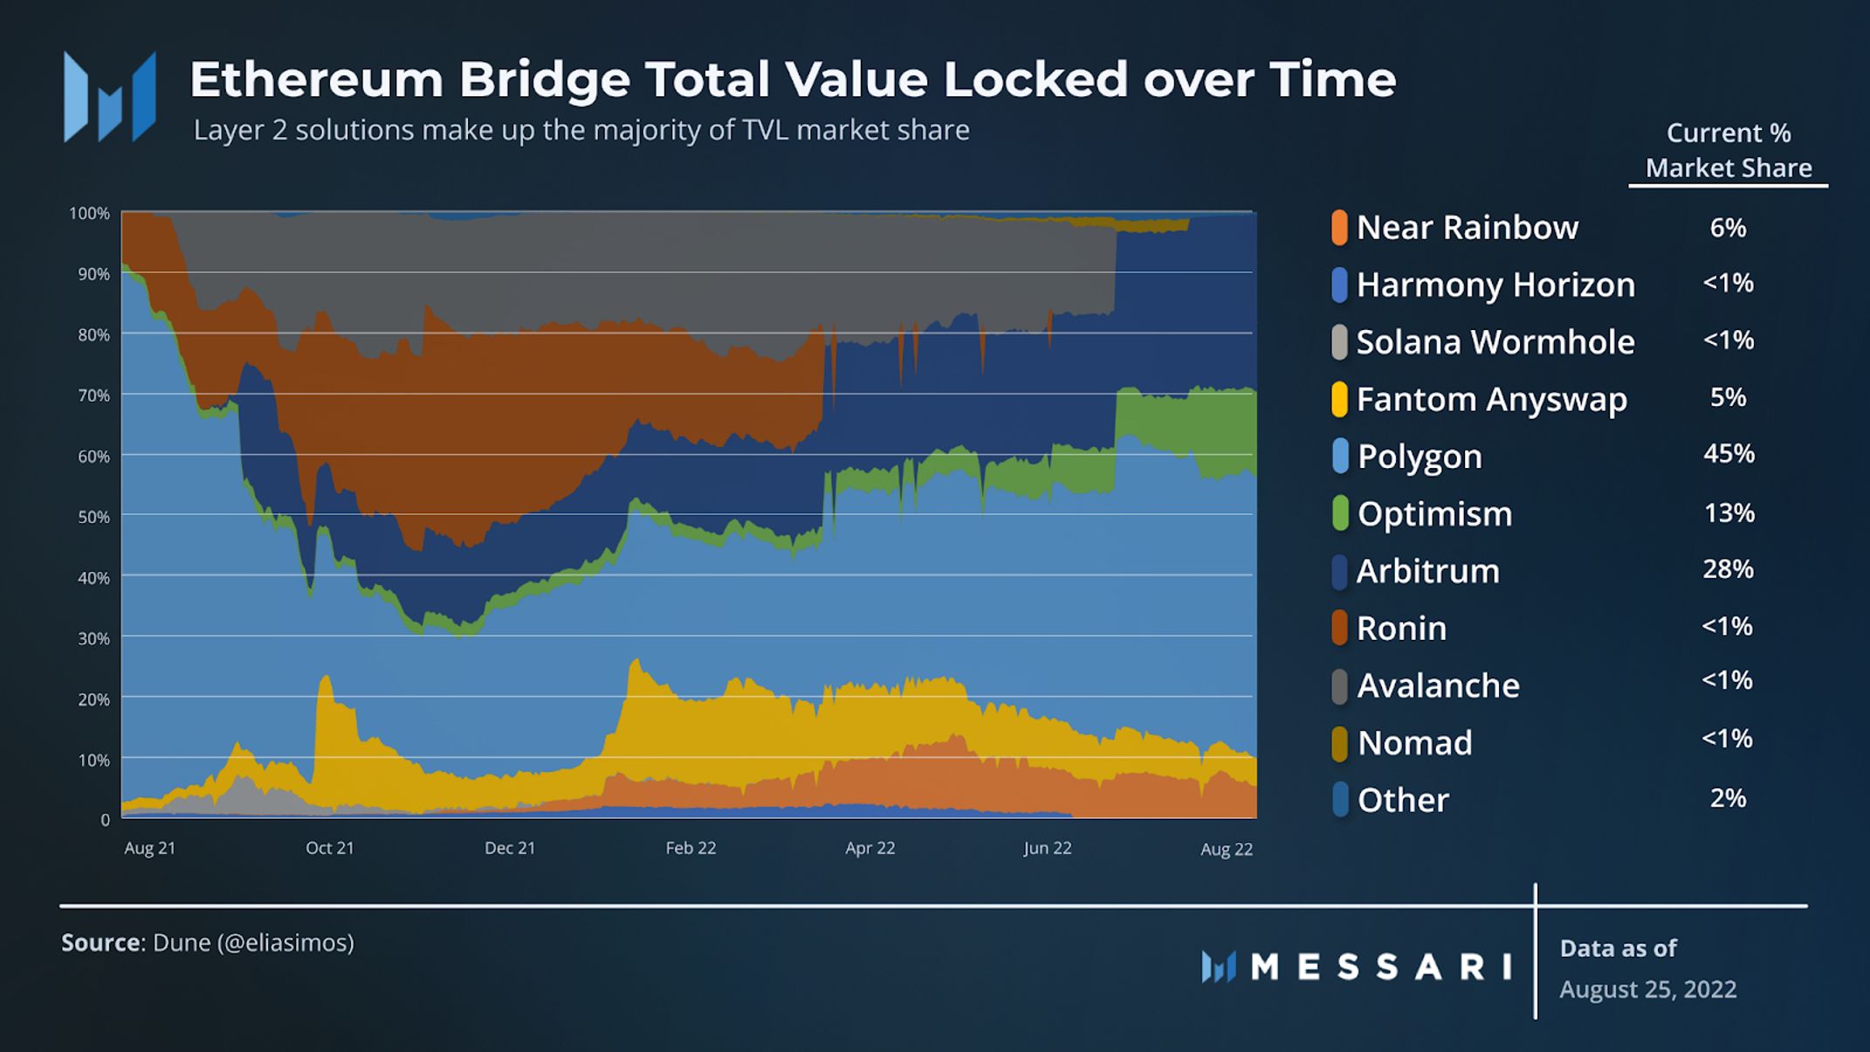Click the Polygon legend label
(x=1420, y=457)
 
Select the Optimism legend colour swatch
(x=1340, y=513)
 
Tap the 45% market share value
(x=1728, y=454)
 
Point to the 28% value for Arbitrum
(x=1728, y=569)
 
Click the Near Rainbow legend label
(x=1467, y=228)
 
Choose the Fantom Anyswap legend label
(x=1491, y=400)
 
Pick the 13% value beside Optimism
(x=1729, y=512)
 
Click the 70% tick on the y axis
(x=93, y=395)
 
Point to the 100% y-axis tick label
(x=90, y=213)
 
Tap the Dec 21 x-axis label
(x=510, y=848)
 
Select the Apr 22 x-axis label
(x=870, y=848)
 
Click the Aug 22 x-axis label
(x=1226, y=849)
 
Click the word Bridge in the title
(x=544, y=79)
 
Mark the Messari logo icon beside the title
(x=110, y=97)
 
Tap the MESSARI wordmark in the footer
(x=1381, y=966)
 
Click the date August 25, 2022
(x=1647, y=989)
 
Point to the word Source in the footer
(x=100, y=943)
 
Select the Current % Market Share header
(x=1728, y=150)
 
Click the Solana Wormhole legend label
(x=1495, y=342)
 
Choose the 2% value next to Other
(x=1728, y=798)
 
